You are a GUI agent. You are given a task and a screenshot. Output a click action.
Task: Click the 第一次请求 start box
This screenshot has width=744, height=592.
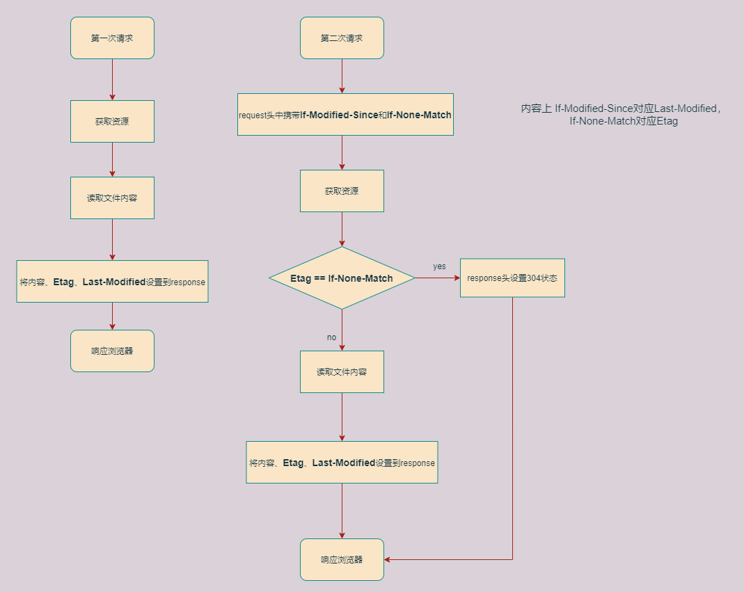coord(112,38)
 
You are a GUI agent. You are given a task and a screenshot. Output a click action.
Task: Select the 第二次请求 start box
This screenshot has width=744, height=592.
coord(342,38)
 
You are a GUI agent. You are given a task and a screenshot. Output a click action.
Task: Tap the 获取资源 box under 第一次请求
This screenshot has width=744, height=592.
coord(112,122)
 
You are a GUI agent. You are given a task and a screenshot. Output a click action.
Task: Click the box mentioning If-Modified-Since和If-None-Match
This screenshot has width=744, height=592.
coord(345,115)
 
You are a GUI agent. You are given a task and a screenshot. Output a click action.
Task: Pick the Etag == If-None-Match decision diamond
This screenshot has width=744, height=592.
coord(342,278)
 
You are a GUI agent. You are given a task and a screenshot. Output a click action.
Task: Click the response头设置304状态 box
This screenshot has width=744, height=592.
coord(512,278)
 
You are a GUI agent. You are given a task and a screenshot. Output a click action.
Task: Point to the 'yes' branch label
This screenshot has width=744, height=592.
coord(439,266)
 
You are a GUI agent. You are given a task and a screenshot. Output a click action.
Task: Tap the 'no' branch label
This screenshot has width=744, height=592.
coord(331,337)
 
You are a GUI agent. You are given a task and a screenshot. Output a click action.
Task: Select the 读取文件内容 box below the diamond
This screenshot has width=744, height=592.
coord(342,371)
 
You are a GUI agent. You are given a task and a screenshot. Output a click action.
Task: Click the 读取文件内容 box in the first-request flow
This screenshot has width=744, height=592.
coord(112,198)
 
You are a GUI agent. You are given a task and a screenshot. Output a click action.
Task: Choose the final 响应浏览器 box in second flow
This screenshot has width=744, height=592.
coord(342,559)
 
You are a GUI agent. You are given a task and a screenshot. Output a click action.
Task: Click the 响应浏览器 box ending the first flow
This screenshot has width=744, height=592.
coord(112,351)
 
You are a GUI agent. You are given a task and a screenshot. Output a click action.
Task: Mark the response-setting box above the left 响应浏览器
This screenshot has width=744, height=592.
coord(112,281)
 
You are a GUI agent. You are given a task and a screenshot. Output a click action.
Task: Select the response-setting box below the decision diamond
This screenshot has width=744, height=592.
coord(342,463)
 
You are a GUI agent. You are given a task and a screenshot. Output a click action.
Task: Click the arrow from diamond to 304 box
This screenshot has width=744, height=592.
coord(438,278)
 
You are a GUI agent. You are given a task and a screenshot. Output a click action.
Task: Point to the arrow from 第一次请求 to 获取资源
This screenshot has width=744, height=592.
coord(112,79)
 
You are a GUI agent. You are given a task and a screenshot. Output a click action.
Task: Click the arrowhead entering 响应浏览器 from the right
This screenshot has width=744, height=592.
coord(388,559)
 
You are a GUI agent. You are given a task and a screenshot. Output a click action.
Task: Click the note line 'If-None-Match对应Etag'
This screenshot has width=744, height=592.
coord(623,121)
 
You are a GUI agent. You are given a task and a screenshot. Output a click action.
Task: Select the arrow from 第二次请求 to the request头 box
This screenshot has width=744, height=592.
coord(342,76)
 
